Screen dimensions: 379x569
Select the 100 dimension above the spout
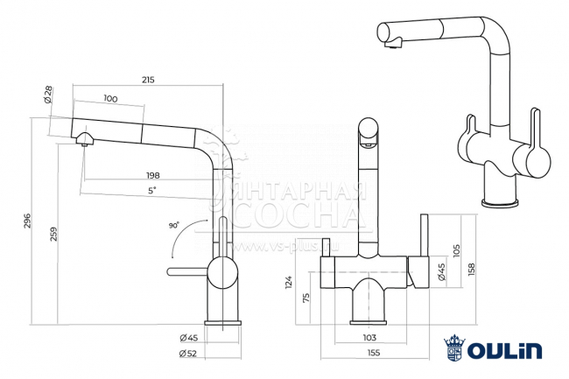pyautogui.click(x=109, y=99)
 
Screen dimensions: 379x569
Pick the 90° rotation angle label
pyautogui.click(x=174, y=225)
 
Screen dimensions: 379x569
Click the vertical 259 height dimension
pyautogui.click(x=54, y=235)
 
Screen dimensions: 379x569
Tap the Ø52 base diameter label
pyautogui.click(x=186, y=353)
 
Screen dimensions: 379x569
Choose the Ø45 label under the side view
pyautogui.click(x=186, y=338)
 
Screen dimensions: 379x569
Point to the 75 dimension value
pyautogui.click(x=306, y=298)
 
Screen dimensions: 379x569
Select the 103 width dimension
pyautogui.click(x=369, y=337)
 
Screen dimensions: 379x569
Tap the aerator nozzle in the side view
pyautogui.click(x=82, y=139)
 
